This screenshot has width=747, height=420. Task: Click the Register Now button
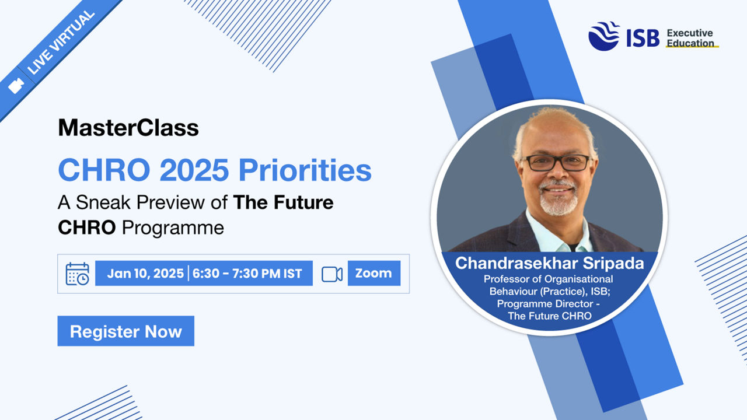[x=125, y=331]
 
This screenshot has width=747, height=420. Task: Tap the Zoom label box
[x=374, y=273]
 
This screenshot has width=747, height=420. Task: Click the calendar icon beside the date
[x=78, y=274]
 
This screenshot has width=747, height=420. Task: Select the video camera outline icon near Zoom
[x=332, y=274]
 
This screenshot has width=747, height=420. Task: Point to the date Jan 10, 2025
[x=145, y=274]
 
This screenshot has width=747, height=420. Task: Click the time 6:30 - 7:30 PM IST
[x=247, y=274]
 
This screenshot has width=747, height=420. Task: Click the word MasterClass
[x=128, y=127]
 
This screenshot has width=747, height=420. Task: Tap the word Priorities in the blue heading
[x=305, y=170]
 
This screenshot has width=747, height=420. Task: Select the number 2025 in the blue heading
[x=194, y=170]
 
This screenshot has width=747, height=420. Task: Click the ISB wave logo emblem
[x=604, y=36]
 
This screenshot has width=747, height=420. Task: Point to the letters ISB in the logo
[x=643, y=38]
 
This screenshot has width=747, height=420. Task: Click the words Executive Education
[x=690, y=38]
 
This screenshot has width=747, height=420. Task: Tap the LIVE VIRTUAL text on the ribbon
[x=61, y=43]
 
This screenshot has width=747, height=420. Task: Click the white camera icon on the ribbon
[x=16, y=86]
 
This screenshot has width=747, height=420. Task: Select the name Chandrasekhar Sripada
[x=549, y=263]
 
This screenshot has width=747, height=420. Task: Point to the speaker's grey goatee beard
[x=558, y=199]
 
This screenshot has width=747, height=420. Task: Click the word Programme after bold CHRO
[x=173, y=228]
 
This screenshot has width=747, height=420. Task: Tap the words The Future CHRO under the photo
[x=550, y=316]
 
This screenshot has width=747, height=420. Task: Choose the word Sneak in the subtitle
[x=103, y=202]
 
